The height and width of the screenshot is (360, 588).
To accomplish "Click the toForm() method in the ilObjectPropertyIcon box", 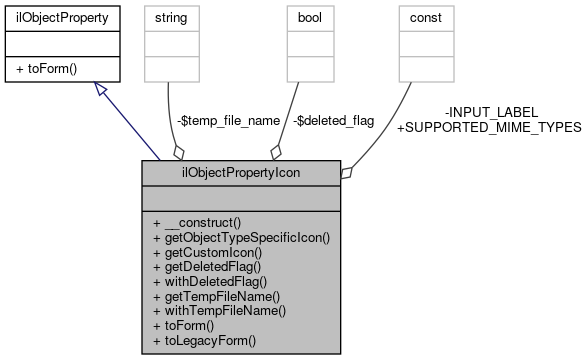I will (x=190, y=326).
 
